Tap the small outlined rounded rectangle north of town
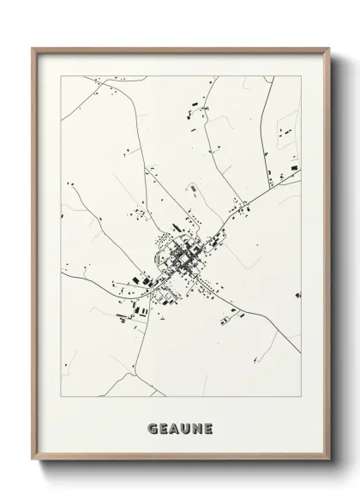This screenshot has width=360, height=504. coord(192,187)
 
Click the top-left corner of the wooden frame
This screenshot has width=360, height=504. coord(33,48)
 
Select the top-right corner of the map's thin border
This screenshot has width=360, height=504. coord(302,75)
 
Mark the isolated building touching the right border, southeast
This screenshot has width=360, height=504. coord(298,295)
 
